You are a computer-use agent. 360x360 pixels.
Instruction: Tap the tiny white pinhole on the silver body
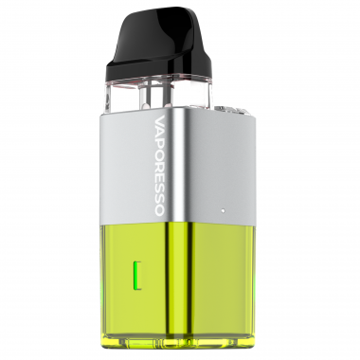pos(223,209)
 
